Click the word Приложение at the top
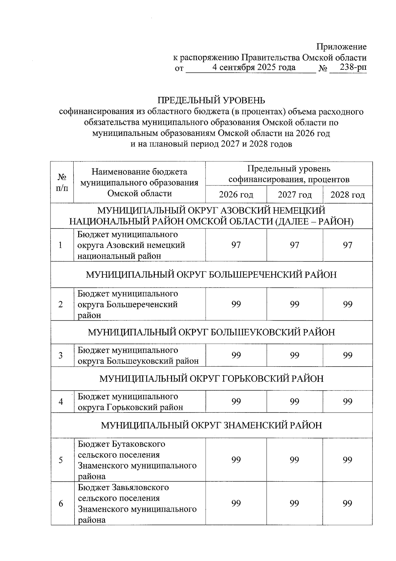tap(342, 47)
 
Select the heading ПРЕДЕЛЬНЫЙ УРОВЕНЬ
tap(211, 100)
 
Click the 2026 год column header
tap(236, 195)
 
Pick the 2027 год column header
tap(295, 195)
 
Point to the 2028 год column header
tap(347, 195)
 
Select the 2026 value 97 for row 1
tap(236, 245)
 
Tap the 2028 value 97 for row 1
tap(347, 245)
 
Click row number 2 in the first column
tap(61, 304)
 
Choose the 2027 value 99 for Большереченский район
tap(295, 304)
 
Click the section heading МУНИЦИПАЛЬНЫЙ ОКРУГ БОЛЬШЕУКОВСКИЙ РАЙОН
tap(211, 332)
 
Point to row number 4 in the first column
tap(61, 402)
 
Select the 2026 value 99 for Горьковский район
tap(236, 402)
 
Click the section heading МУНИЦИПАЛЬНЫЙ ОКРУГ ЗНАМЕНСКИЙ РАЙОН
tap(211, 425)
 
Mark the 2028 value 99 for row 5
tap(347, 460)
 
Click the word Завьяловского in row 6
tap(141, 488)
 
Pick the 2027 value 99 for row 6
tap(295, 503)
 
